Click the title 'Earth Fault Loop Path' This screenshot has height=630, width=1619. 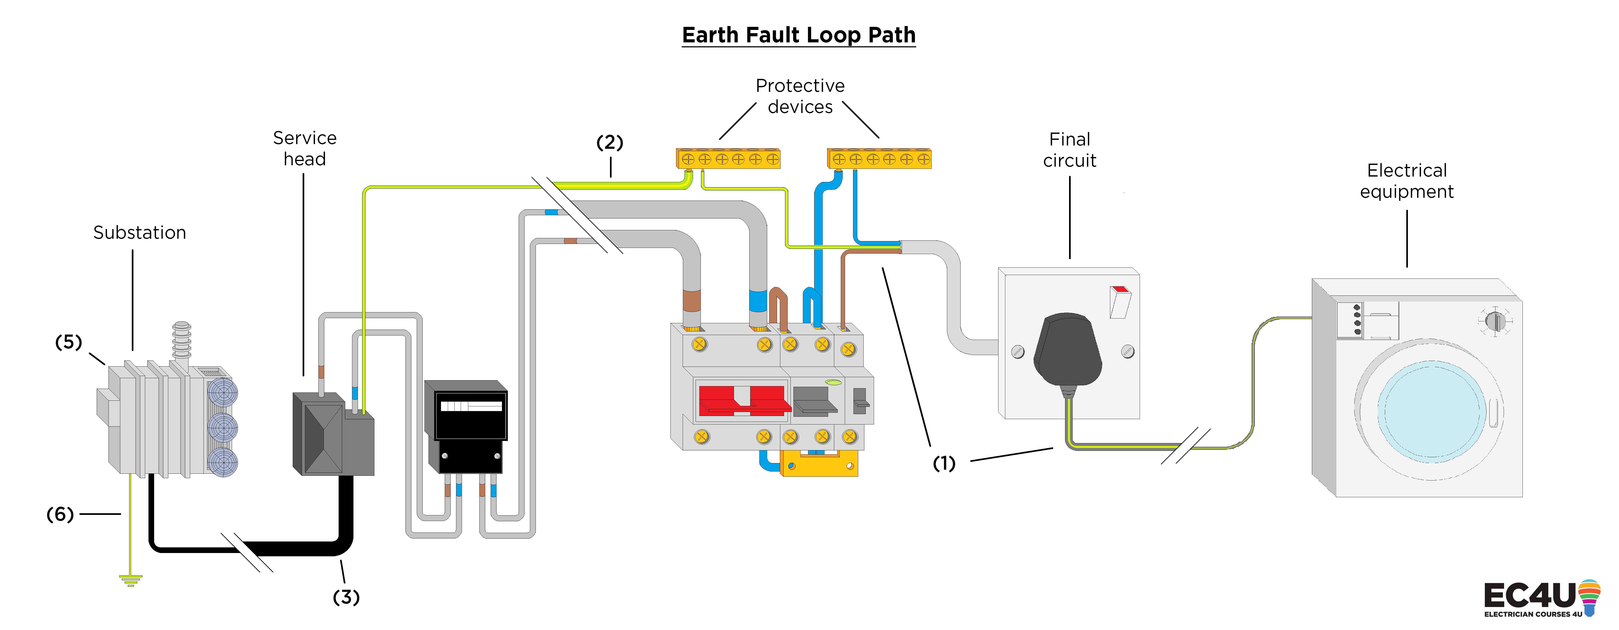pyautogui.click(x=799, y=35)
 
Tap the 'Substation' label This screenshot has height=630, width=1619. pyautogui.click(x=140, y=233)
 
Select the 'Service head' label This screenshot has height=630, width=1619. pyautogui.click(x=305, y=148)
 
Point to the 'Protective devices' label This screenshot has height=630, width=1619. pyautogui.click(x=800, y=96)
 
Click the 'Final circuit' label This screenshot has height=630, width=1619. pyautogui.click(x=1070, y=150)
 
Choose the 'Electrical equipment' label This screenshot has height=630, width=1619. pyautogui.click(x=1407, y=181)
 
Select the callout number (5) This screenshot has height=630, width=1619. pyautogui.click(x=68, y=342)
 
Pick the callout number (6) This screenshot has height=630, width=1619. pyautogui.click(x=60, y=514)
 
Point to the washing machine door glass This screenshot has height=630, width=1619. pyautogui.click(x=1432, y=412)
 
